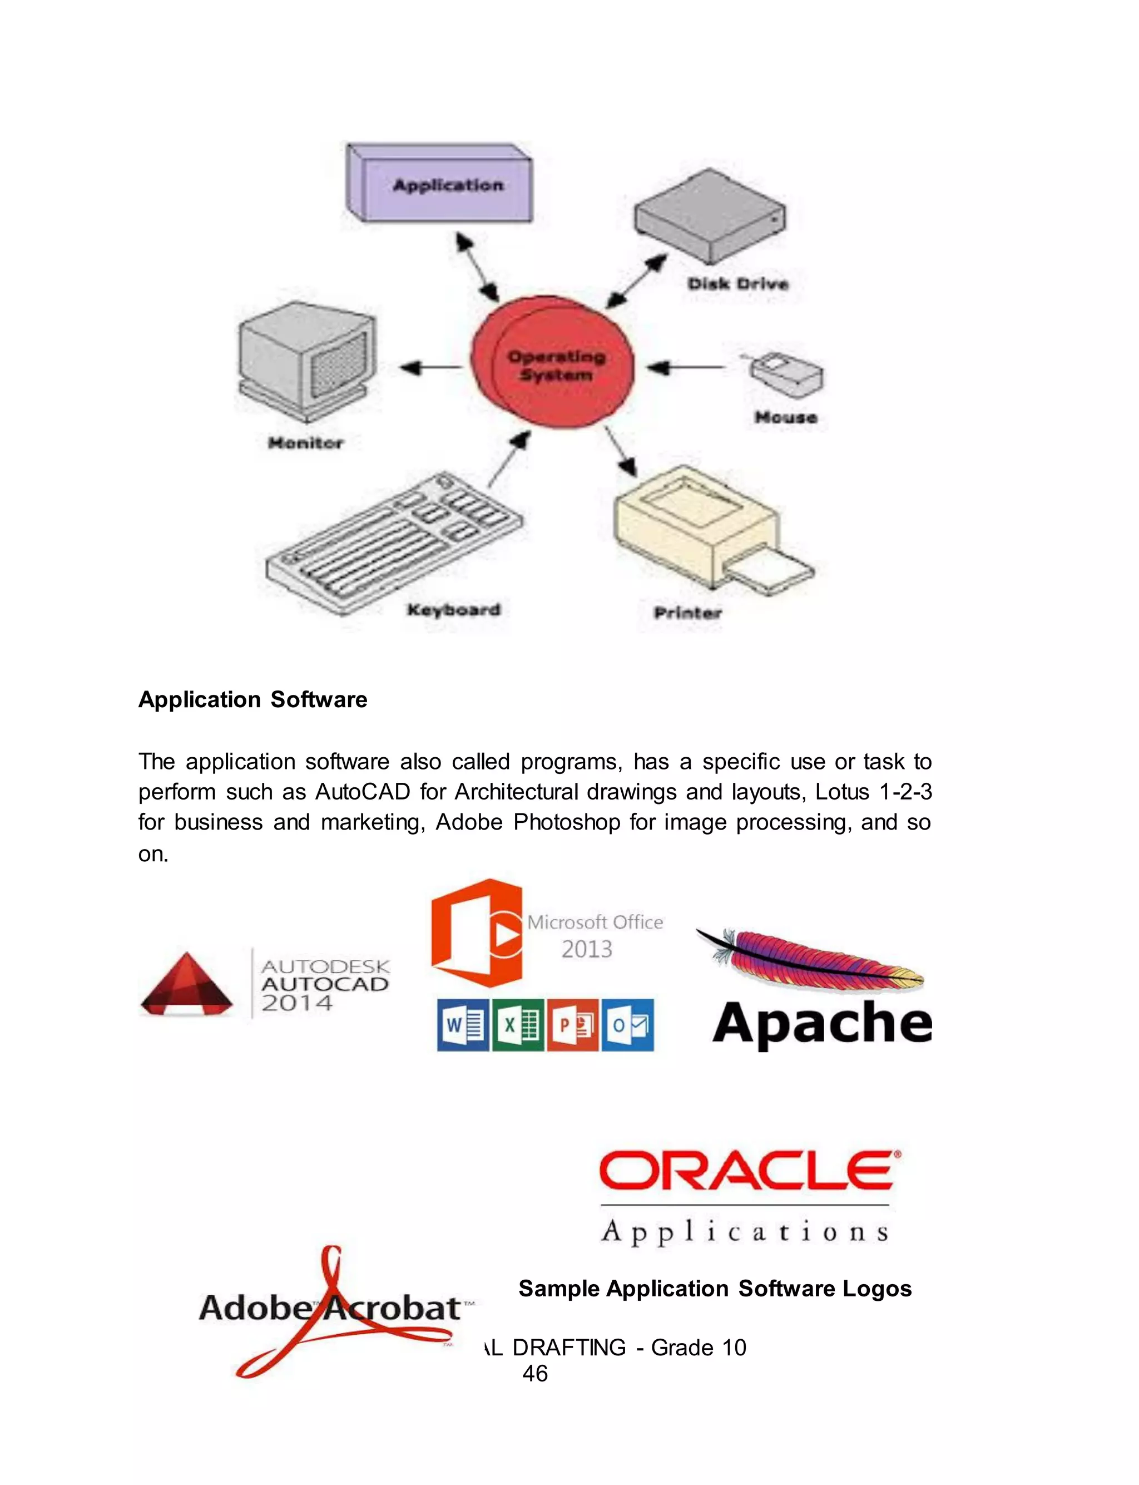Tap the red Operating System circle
553,363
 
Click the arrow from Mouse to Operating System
685,368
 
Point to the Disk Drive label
737,283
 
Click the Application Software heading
252,699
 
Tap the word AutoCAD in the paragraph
363,791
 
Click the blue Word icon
462,1024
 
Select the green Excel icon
518,1024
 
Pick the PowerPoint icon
573,1024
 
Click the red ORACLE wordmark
749,1171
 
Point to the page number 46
535,1373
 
